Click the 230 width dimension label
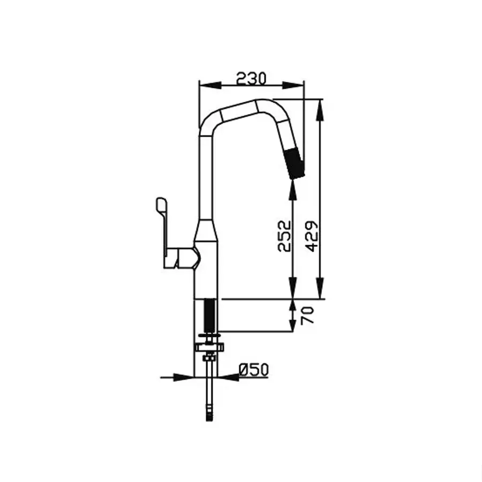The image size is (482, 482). (x=251, y=79)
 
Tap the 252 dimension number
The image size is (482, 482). (x=284, y=236)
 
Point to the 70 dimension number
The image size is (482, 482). (x=308, y=315)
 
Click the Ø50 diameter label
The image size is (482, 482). (x=254, y=370)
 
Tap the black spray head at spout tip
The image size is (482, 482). (x=295, y=163)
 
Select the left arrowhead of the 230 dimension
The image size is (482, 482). (x=210, y=85)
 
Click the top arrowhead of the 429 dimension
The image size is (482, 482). (x=320, y=110)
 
